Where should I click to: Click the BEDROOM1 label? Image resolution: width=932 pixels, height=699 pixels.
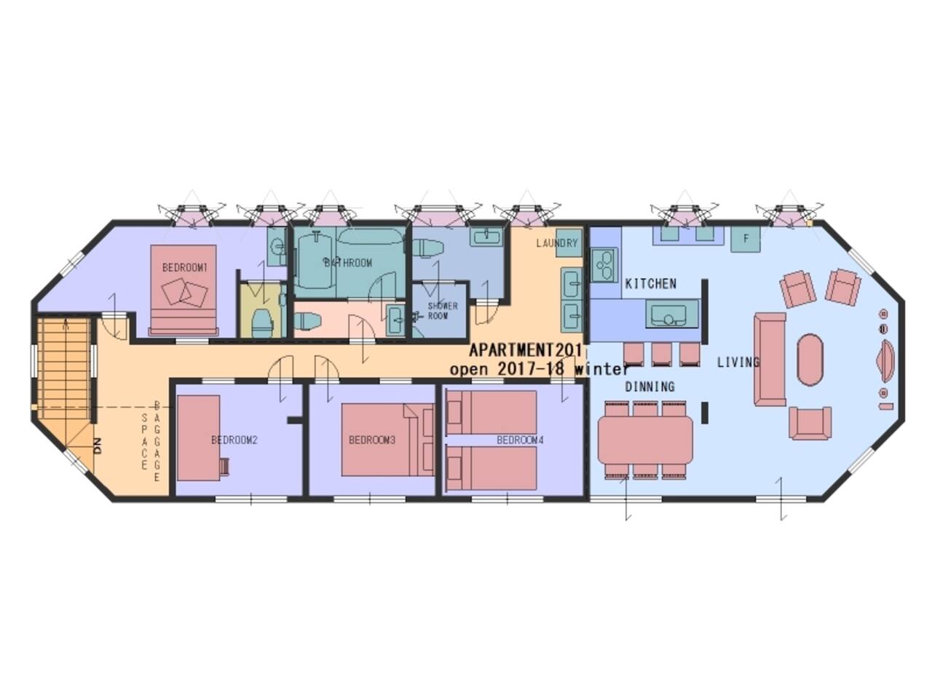click(x=185, y=267)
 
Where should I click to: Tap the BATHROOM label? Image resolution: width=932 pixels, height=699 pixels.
click(x=348, y=263)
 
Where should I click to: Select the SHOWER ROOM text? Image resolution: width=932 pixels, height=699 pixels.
click(x=443, y=311)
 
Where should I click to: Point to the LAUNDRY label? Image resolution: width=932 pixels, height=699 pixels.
click(x=557, y=243)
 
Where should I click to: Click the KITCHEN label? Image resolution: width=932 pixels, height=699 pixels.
click(x=651, y=283)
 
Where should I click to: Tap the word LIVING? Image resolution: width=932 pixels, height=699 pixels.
click(x=738, y=362)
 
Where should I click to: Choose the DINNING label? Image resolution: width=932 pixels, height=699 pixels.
click(x=650, y=387)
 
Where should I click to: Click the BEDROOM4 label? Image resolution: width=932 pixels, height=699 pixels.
click(x=520, y=440)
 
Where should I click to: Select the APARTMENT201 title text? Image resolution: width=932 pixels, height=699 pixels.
click(x=526, y=350)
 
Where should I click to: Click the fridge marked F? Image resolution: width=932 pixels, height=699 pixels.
click(x=745, y=239)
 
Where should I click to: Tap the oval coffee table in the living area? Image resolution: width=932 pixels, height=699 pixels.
click(x=810, y=360)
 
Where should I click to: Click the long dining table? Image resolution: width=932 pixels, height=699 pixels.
click(x=645, y=440)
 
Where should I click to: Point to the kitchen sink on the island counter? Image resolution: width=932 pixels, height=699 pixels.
click(x=672, y=313)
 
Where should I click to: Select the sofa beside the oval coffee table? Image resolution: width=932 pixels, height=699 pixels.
click(x=770, y=360)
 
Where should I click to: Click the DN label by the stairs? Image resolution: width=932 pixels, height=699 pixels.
click(x=98, y=447)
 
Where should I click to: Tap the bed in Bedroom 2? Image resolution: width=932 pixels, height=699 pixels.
click(x=198, y=438)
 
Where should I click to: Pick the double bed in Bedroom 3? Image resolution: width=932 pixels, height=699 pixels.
click(x=387, y=440)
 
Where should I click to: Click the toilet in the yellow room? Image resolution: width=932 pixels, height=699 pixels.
click(x=262, y=323)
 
